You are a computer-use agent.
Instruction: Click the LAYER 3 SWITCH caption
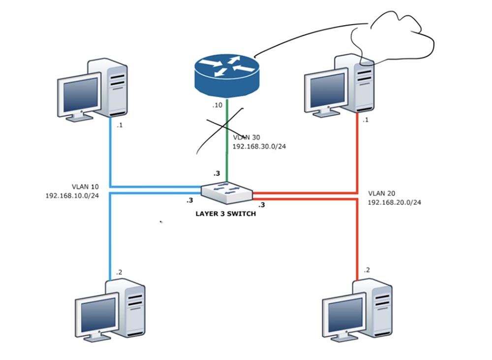pyautogui.click(x=226, y=214)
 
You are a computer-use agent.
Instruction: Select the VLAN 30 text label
pyautogui.click(x=246, y=138)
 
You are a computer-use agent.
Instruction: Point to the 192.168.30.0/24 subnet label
pyautogui.click(x=259, y=147)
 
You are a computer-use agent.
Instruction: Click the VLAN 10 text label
pyautogui.click(x=85, y=187)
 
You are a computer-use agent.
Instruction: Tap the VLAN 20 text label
pyautogui.click(x=381, y=194)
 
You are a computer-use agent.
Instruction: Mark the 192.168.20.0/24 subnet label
pyautogui.click(x=394, y=202)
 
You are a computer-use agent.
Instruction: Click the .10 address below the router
pyautogui.click(x=217, y=106)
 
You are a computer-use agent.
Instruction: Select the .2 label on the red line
pyautogui.click(x=366, y=270)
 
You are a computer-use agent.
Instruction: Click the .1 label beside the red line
pyautogui.click(x=366, y=120)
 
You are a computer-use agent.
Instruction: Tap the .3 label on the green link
pyautogui.click(x=215, y=173)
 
